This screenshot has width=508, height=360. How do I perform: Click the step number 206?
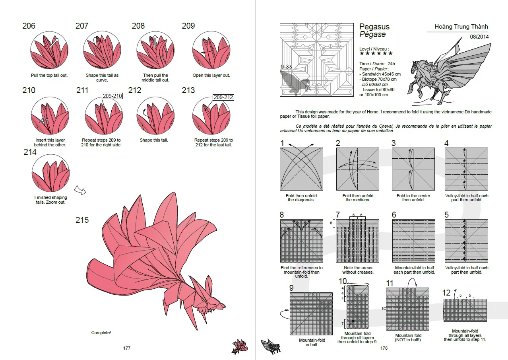pos(29,26)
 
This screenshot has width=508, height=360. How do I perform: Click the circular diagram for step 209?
pos(211,51)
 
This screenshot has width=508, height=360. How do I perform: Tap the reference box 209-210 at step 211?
pos(112,96)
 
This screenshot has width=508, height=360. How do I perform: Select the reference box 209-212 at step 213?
pos(223,97)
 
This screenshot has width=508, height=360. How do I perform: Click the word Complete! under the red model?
pos(101,333)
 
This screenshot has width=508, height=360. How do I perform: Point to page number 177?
pos(127,348)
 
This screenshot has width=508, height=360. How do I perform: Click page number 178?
pos(384,348)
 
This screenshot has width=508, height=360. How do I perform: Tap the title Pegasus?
pos(374,27)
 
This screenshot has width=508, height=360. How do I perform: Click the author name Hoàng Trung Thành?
pos(461,27)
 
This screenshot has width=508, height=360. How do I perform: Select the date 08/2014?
pos(479,37)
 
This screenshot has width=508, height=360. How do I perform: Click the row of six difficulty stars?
pos(376,53)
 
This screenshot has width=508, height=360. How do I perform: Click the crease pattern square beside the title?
pos(317,60)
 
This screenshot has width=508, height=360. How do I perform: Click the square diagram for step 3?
pos(413,169)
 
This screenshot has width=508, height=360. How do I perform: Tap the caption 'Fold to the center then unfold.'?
pos(413,198)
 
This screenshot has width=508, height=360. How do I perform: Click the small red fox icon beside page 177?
pos(240,346)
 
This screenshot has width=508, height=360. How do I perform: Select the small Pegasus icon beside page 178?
pos(270,346)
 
